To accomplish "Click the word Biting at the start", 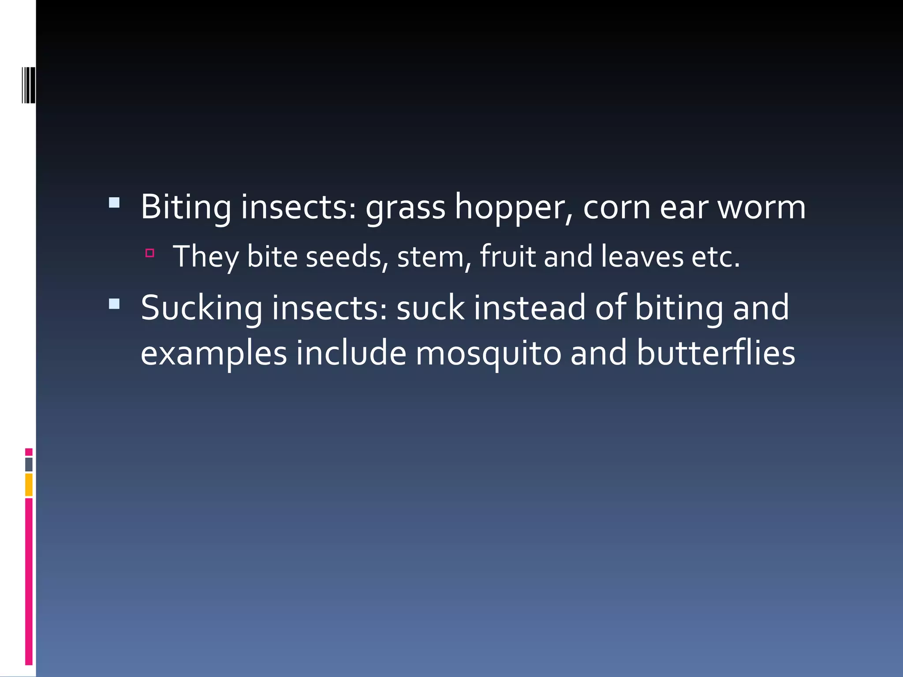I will (186, 207).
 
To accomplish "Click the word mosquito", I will (489, 354).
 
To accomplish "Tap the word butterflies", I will (716, 353).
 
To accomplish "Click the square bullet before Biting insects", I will (114, 203).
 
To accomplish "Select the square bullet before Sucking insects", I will (114, 304).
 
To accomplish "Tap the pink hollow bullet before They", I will (150, 253).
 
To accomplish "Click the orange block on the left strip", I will (29, 484).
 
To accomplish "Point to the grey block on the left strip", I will (29, 464).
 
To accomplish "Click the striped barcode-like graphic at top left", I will (29, 85).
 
